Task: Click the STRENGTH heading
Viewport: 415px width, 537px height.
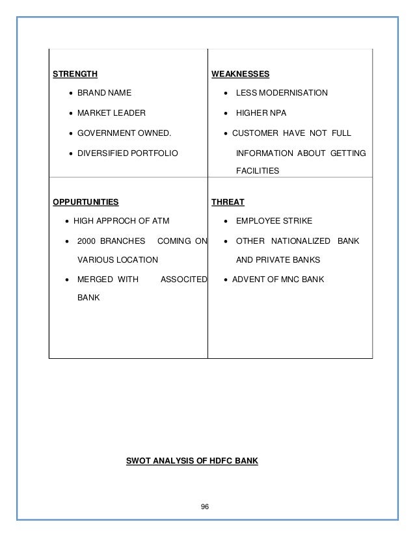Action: point(75,73)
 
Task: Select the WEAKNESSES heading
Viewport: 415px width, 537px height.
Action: point(241,73)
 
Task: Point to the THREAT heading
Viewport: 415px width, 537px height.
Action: point(228,202)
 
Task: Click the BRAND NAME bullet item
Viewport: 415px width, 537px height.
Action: point(104,93)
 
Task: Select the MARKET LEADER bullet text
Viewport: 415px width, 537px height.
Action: point(112,113)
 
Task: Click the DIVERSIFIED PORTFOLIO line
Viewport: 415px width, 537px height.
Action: point(127,153)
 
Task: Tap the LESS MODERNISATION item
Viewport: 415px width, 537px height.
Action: point(282,93)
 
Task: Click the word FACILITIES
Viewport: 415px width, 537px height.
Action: point(258,171)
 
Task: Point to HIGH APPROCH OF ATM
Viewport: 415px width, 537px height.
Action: point(121,221)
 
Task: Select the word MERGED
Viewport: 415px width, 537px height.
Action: point(96,280)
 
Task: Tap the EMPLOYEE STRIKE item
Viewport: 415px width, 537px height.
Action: point(274,221)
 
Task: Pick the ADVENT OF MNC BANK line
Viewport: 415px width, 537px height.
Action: point(278,280)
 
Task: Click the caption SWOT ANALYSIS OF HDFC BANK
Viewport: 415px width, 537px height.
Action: point(192,462)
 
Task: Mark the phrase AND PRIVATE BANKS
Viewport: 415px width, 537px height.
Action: point(278,259)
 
